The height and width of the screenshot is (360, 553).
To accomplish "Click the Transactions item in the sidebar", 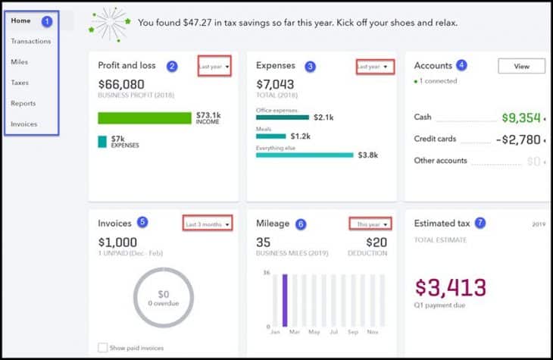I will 31,41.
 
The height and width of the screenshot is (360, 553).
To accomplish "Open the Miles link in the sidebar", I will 20,61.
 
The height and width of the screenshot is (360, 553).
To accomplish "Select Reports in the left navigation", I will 23,103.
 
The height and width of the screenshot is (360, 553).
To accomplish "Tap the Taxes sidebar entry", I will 20,83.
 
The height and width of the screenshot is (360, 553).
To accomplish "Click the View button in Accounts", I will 521,67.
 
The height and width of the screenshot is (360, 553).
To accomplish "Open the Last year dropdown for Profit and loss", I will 214,66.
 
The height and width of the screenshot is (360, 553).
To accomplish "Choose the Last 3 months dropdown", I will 207,224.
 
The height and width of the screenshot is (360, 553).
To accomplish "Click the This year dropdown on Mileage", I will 372,224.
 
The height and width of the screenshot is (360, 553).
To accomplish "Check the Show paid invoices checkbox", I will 102,348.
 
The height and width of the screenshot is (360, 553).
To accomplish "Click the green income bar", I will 145,117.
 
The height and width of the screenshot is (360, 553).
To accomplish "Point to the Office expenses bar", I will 283,117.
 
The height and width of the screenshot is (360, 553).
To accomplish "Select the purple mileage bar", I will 285,300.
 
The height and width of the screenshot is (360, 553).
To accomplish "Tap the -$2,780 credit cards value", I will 517,140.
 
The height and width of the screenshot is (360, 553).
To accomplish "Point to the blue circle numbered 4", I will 462,65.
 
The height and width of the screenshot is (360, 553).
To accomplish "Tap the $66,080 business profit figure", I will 121,84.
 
